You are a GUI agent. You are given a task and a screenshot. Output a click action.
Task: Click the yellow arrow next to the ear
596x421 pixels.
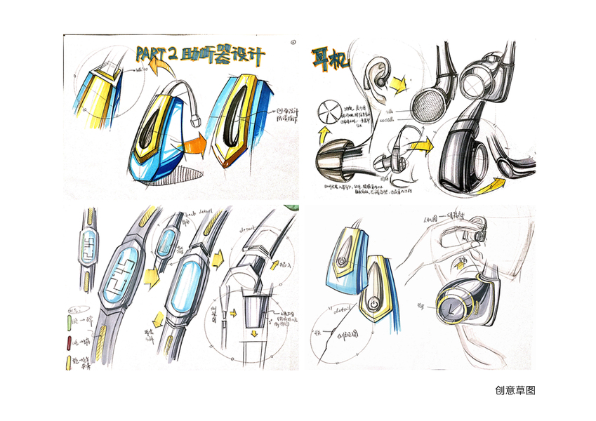coord(399,84)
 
